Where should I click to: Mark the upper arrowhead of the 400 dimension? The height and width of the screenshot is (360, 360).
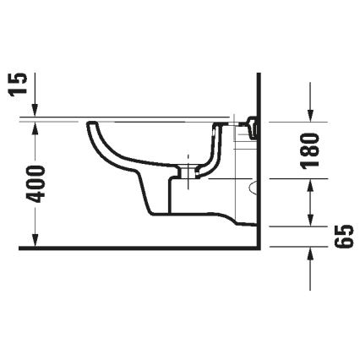click(35, 126)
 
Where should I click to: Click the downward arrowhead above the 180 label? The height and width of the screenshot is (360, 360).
click(312, 116)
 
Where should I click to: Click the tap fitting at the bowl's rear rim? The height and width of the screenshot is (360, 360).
click(248, 127)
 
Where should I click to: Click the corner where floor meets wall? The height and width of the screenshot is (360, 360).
click(256, 249)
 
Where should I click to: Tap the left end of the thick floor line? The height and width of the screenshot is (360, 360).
click(20, 249)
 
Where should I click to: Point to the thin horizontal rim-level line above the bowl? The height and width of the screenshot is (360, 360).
click(127, 117)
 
